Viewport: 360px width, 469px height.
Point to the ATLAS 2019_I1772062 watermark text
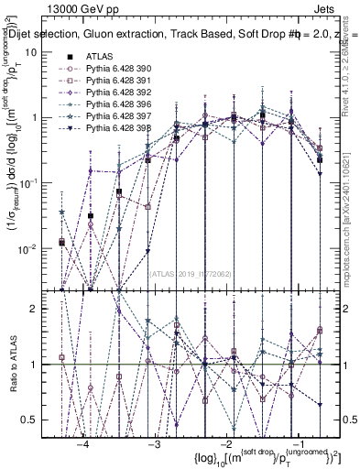tap(190, 272)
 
